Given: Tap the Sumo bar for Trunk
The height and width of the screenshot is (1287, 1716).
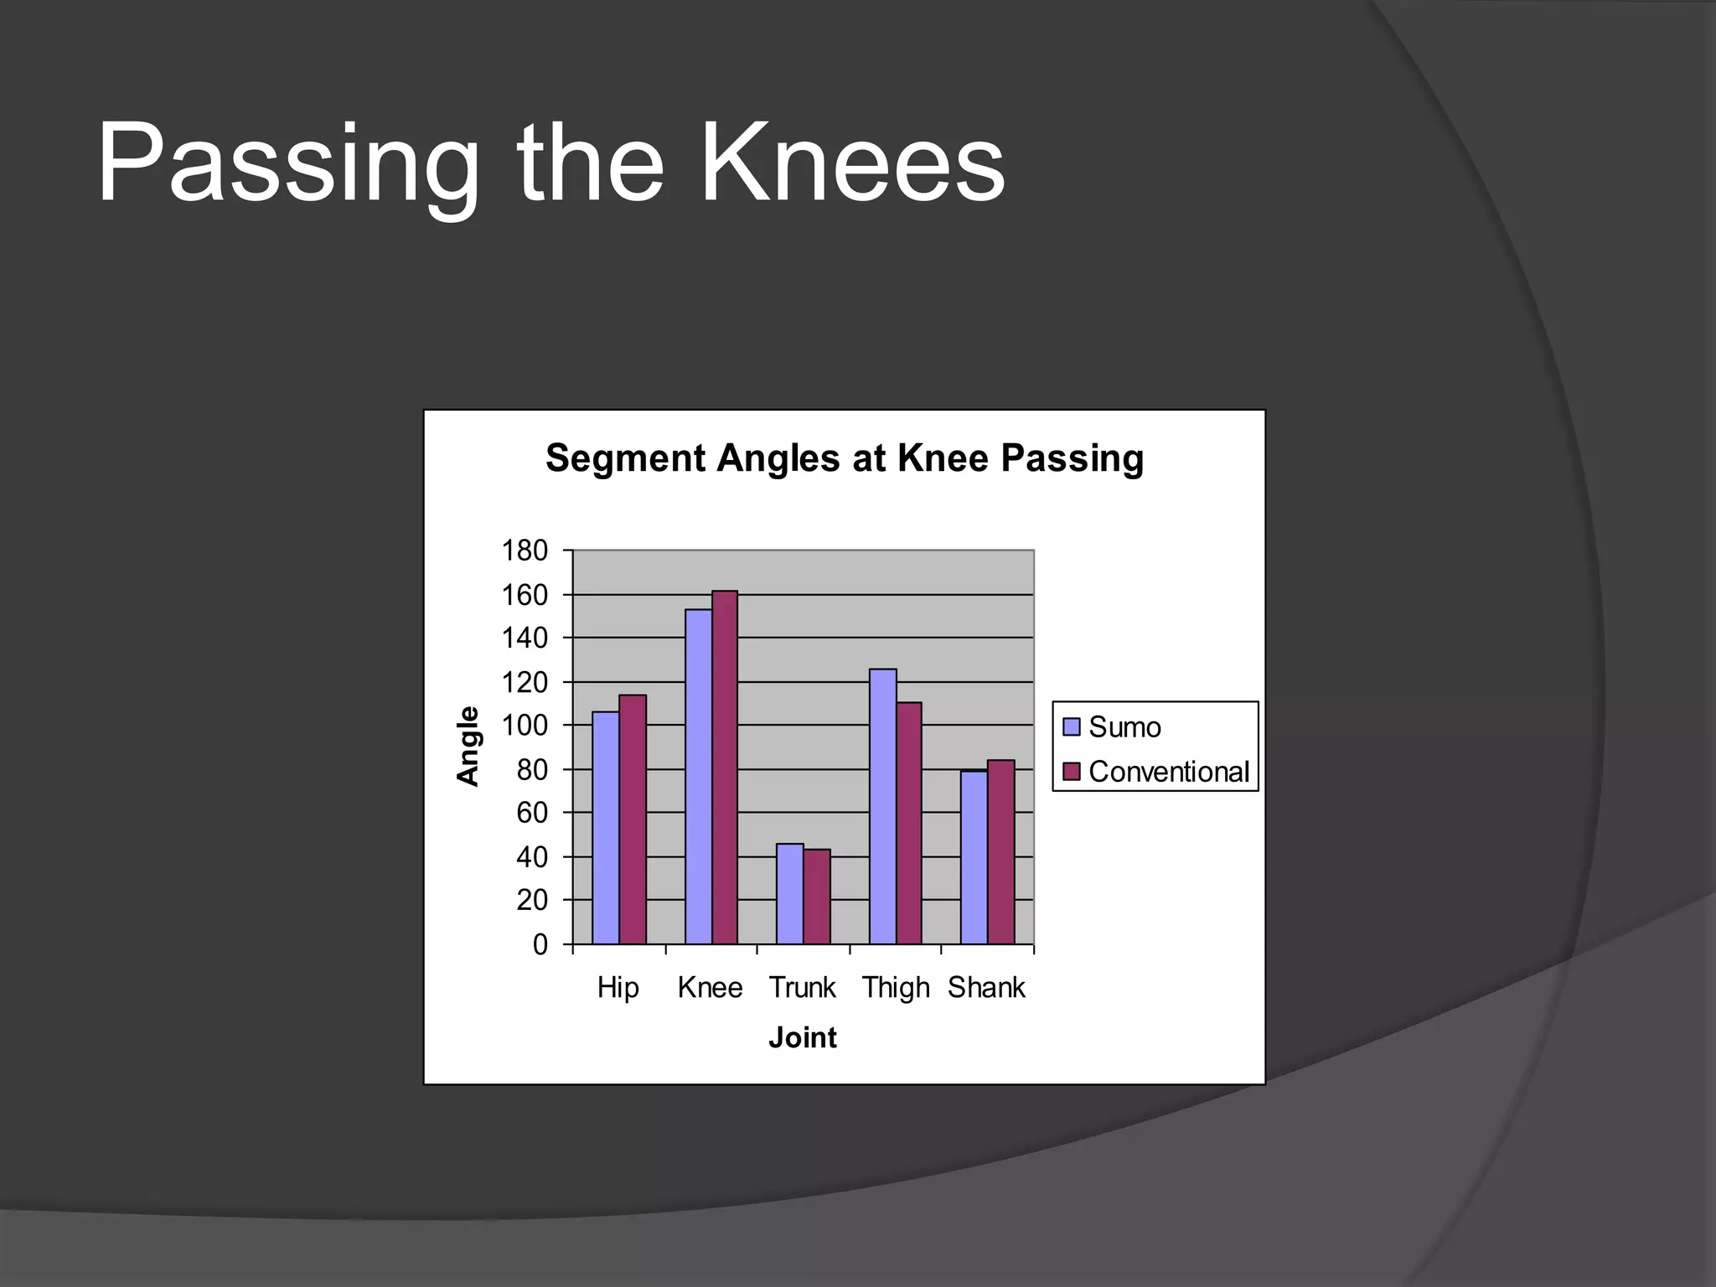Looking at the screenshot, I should [790, 894].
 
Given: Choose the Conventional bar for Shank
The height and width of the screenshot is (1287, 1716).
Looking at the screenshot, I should [1001, 852].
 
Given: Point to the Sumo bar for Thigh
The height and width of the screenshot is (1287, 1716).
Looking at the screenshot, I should [882, 806].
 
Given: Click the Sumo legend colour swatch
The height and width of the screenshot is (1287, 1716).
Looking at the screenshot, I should [1072, 726].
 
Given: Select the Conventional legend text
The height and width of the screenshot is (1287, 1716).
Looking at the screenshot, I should [1169, 772].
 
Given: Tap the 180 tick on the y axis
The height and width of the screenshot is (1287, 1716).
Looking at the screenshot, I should [525, 551].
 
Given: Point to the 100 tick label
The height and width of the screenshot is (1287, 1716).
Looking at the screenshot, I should [525, 726].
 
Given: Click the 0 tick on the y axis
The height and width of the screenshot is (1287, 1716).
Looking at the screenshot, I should [540, 945].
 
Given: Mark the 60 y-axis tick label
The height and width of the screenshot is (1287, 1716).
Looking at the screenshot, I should [532, 813].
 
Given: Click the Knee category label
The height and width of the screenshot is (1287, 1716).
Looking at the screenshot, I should [710, 988].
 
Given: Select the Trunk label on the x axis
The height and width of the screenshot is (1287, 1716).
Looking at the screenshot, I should [802, 988].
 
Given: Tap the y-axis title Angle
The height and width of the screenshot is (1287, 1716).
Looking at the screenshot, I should [468, 746].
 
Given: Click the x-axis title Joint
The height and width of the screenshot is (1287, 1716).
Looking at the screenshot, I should [803, 1038].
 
